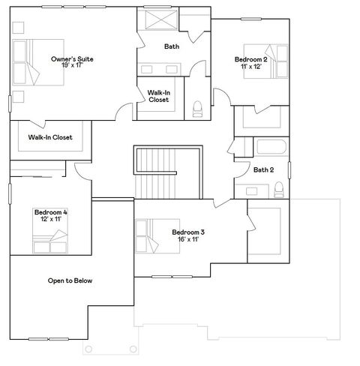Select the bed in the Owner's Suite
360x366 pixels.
tap(29, 61)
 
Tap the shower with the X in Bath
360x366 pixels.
tap(160, 20)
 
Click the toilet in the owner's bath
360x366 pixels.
tap(198, 109)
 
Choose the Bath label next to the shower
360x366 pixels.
tap(172, 46)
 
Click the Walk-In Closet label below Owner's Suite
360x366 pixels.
tap(50, 137)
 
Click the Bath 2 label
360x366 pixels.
tap(263, 169)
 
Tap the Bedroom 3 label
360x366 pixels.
tap(187, 232)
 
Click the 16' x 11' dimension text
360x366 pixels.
tap(187, 240)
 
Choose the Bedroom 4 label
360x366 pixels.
tap(50, 213)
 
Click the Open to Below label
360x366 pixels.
tap(70, 280)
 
